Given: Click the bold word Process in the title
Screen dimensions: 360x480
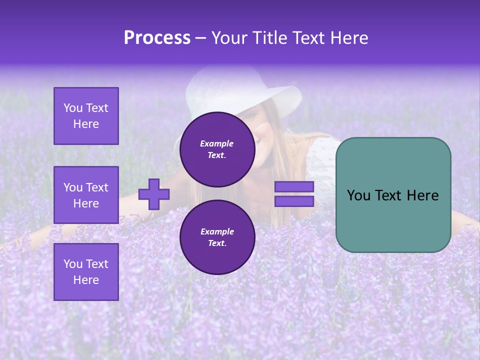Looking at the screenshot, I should [157, 38].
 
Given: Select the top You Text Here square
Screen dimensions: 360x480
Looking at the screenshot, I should [86, 116].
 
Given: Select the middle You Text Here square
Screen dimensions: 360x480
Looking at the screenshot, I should [86, 195].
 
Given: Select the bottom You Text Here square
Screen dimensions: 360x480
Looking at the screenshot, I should [86, 272].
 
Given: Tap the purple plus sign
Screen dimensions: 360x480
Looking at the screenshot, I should [154, 194].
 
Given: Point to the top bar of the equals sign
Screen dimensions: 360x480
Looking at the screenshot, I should [294, 186].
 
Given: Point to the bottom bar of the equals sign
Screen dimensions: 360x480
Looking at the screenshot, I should [294, 201].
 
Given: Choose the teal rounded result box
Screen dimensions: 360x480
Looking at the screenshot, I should [393, 220].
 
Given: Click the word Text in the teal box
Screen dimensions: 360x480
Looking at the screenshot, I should [393, 195].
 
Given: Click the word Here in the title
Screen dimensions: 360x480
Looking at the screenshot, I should [348, 38].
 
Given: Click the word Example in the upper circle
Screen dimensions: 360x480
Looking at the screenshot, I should [217, 143].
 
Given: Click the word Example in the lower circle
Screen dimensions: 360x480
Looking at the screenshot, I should [217, 231].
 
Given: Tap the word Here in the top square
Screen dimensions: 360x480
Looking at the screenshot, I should [86, 124].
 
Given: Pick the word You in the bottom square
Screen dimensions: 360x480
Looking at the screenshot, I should [72, 264].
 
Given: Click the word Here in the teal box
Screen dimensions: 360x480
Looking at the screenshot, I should [422, 195].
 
